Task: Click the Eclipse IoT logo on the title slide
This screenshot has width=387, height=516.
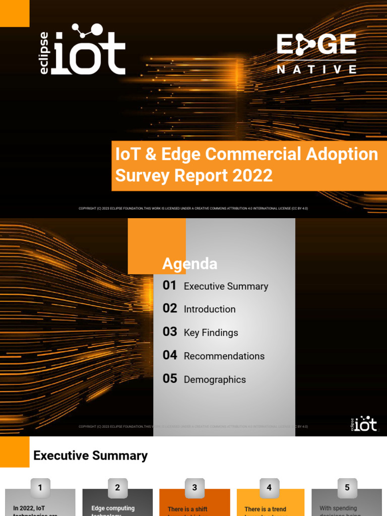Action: click(83, 49)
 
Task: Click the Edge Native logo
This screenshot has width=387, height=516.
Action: click(316, 53)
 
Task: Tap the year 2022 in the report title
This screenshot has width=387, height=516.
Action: click(252, 175)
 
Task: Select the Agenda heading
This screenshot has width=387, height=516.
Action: click(189, 264)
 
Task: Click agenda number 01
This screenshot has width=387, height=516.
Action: click(170, 286)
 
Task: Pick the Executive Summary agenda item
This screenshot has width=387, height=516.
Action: click(226, 286)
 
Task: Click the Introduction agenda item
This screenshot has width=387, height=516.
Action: click(210, 309)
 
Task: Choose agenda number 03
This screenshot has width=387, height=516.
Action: click(170, 332)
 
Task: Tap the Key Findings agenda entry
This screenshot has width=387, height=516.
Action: click(211, 333)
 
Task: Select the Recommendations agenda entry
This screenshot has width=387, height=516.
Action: click(224, 356)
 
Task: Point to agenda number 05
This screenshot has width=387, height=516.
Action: click(170, 379)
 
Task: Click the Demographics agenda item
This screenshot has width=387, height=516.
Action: click(215, 379)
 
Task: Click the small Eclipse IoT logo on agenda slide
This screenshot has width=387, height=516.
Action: click(363, 424)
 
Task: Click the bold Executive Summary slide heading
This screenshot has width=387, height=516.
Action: click(90, 456)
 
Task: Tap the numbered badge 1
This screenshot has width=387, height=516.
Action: click(40, 488)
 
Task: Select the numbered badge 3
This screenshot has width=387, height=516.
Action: click(195, 488)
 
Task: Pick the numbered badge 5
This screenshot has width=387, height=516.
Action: click(347, 488)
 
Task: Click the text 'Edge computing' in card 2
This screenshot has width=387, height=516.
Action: click(113, 508)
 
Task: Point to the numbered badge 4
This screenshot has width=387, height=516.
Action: click(269, 488)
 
